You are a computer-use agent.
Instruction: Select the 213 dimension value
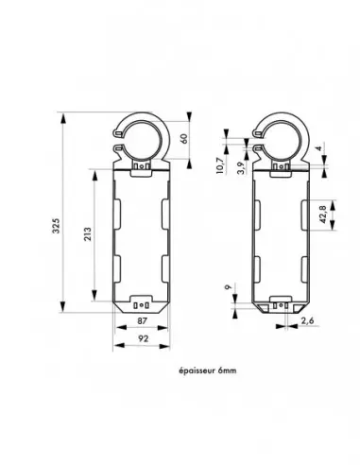coord(88,236)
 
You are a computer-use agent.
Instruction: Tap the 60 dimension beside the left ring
coord(194,139)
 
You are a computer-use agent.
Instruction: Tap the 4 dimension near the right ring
coord(320,147)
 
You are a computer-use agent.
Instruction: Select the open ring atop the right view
coord(279,136)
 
